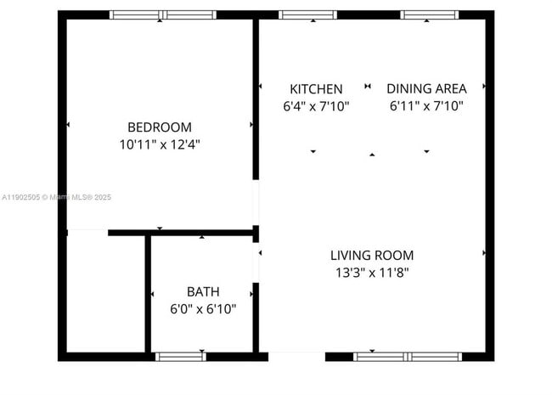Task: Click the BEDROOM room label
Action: [x=160, y=127]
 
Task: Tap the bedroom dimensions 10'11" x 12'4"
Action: [x=160, y=144]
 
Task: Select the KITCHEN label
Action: [x=316, y=88]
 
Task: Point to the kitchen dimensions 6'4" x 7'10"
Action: [x=316, y=106]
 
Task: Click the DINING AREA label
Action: [x=426, y=88]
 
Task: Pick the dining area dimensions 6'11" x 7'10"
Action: [x=426, y=106]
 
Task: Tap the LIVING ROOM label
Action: [x=372, y=255]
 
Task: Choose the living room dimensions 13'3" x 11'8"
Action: [x=372, y=273]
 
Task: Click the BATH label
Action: [x=203, y=291]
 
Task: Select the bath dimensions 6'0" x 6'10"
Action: [x=203, y=309]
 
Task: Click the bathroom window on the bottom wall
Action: [x=180, y=356]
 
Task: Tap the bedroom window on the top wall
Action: [x=163, y=14]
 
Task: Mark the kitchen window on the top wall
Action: [x=307, y=14]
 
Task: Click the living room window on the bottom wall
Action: [x=408, y=356]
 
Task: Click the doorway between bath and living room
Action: [x=256, y=263]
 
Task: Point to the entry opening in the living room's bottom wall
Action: [x=296, y=356]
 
